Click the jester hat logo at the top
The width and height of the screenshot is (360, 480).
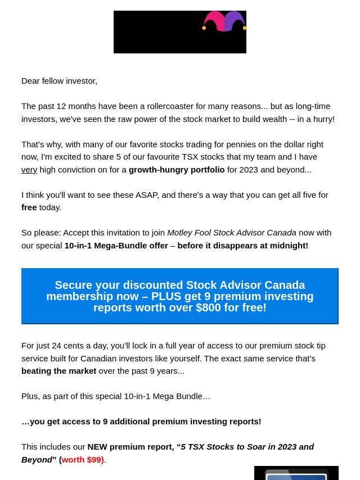point(224,22)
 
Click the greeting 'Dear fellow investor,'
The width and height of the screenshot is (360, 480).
point(59,81)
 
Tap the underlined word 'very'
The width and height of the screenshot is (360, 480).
point(29,170)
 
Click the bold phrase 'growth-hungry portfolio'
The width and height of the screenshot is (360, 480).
point(176,170)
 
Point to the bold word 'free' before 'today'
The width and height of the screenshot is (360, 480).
point(29,207)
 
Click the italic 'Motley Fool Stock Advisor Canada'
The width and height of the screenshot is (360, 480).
point(231,233)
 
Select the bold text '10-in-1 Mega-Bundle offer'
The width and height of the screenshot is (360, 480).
point(116,246)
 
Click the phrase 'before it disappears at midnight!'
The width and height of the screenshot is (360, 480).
point(242,246)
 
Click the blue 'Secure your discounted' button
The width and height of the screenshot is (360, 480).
point(179,296)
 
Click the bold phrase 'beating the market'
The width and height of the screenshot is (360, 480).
point(58,371)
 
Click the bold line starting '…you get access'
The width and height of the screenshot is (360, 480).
point(141,422)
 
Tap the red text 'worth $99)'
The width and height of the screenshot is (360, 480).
point(83,460)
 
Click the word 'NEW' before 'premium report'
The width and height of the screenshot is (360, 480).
point(97,447)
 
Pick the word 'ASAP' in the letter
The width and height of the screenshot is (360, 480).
point(147,195)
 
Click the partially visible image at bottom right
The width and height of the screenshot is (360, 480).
point(296,473)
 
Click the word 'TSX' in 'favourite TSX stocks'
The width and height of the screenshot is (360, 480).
point(190,157)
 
